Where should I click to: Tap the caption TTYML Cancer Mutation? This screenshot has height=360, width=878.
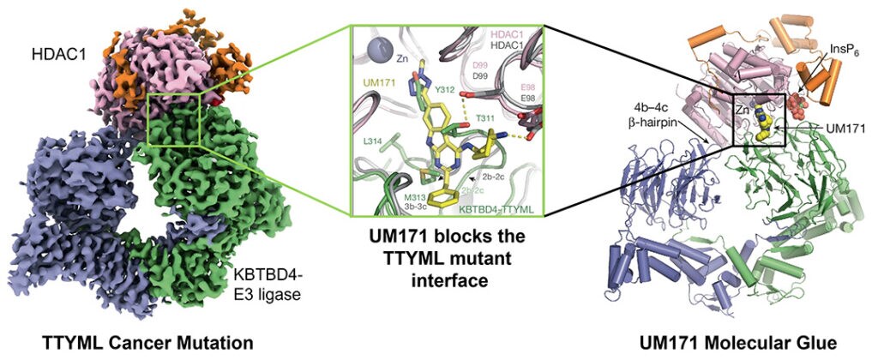(147, 343)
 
